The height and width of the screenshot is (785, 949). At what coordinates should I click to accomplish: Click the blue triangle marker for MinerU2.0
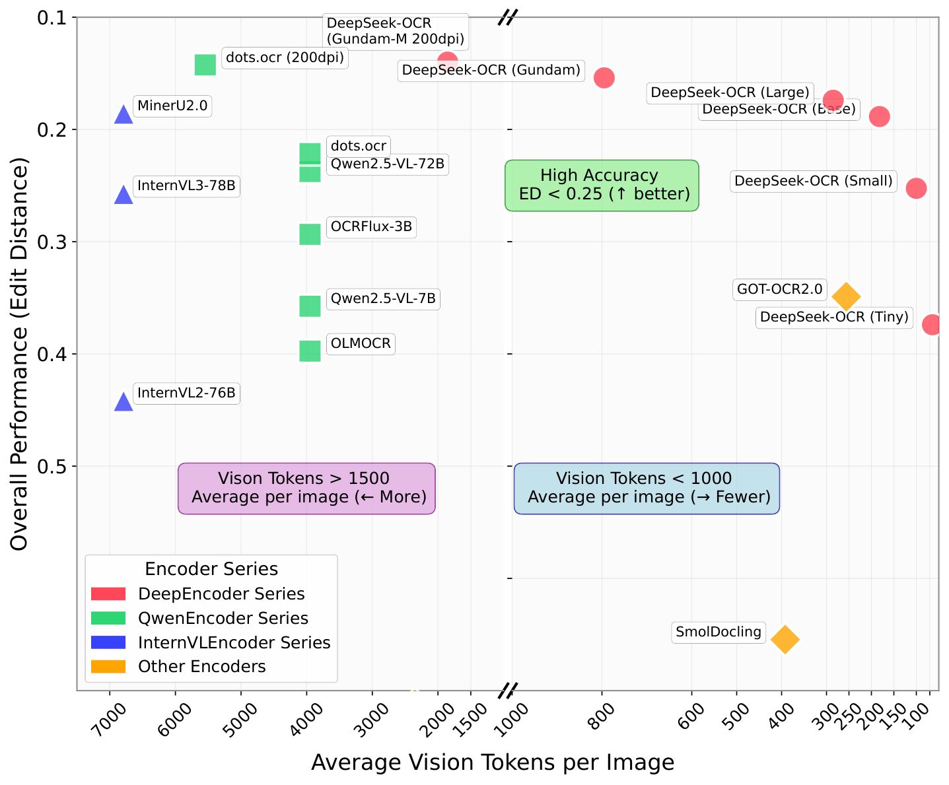click(x=123, y=116)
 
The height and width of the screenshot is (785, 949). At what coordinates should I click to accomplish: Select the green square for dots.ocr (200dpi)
click(x=205, y=65)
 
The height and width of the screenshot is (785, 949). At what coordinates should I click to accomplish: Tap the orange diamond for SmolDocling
click(x=785, y=639)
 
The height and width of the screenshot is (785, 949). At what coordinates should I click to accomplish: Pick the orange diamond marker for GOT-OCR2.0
click(x=846, y=296)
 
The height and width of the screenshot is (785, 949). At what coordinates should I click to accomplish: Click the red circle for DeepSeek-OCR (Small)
click(x=916, y=188)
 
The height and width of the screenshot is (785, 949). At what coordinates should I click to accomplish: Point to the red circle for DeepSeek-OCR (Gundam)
click(x=604, y=78)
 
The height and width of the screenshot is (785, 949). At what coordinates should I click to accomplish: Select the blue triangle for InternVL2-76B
click(x=123, y=402)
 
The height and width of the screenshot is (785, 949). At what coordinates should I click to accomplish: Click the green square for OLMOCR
click(x=310, y=351)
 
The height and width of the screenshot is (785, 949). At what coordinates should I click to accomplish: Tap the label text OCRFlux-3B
click(x=371, y=227)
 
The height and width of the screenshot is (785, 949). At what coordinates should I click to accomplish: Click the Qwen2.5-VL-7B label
click(x=383, y=299)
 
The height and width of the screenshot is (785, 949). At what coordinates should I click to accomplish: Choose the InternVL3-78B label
click(x=186, y=186)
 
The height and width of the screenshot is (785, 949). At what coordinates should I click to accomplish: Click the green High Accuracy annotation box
click(x=602, y=185)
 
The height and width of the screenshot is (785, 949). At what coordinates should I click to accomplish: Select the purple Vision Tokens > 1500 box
click(x=306, y=488)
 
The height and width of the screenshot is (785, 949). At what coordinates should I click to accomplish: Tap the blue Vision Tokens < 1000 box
click(x=647, y=488)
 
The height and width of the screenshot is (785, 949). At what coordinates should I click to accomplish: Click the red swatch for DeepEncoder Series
click(x=108, y=594)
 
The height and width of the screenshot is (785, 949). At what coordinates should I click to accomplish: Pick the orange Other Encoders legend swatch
click(x=108, y=667)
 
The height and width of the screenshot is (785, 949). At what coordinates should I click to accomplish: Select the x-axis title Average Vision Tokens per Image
click(x=493, y=763)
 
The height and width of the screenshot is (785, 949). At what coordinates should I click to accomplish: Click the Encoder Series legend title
click(x=211, y=569)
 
